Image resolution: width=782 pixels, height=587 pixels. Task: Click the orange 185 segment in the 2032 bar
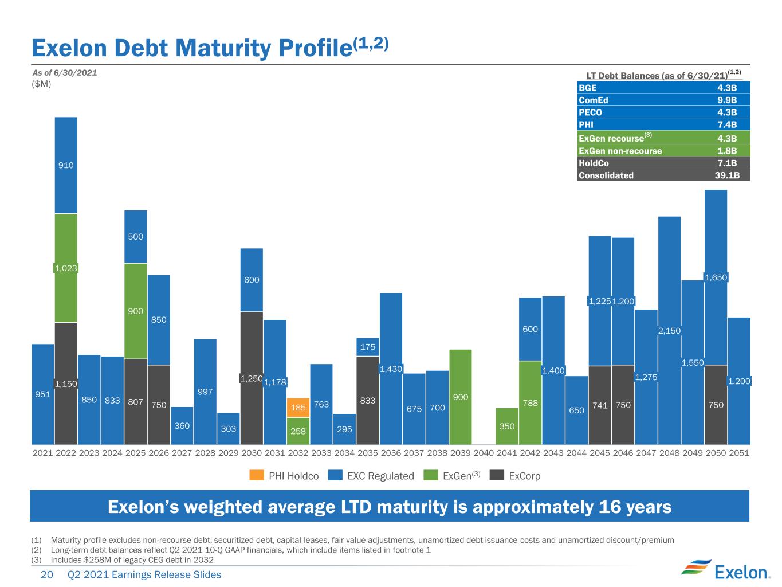pyautogui.click(x=298, y=408)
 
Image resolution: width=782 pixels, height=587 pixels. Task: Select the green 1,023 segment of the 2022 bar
pyautogui.click(x=66, y=268)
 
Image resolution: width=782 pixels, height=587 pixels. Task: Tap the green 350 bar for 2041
pyautogui.click(x=506, y=426)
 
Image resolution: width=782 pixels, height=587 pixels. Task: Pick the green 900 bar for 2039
pyautogui.click(x=460, y=397)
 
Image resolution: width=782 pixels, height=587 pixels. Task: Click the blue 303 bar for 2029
pyautogui.click(x=229, y=428)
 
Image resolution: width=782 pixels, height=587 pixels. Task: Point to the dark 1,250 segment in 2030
pyautogui.click(x=252, y=378)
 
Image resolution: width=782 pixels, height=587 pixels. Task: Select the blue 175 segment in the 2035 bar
pyautogui.click(x=367, y=347)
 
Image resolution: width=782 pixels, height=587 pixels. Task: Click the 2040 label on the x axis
pyautogui.click(x=484, y=453)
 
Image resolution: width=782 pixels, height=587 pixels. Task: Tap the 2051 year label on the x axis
pyautogui.click(x=739, y=453)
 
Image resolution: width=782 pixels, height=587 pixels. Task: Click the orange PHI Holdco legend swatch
pyautogui.click(x=257, y=475)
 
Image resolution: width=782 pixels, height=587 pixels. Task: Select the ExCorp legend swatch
pyautogui.click(x=497, y=475)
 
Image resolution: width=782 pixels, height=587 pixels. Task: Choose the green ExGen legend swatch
pyautogui.click(x=431, y=475)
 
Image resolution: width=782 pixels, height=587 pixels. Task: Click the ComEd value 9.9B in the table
pyautogui.click(x=727, y=100)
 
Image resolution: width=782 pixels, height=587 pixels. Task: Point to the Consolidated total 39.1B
pyautogui.click(x=727, y=175)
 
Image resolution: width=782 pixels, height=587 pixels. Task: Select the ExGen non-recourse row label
pyautogui.click(x=620, y=151)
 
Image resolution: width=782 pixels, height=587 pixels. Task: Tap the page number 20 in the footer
pyautogui.click(x=46, y=574)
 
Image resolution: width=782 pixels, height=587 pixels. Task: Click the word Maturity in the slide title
pyautogui.click(x=223, y=49)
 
